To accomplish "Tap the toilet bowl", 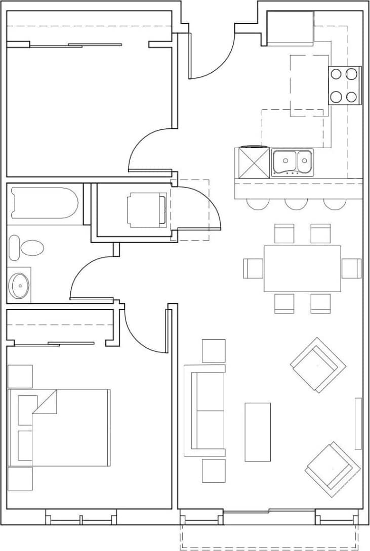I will coord(31,248).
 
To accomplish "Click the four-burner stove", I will coord(345,85).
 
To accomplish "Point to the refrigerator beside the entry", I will coord(290,28).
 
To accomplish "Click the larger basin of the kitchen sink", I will coord(284,162).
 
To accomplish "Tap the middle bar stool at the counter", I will coord(296,203).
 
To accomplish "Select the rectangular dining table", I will coord(302,268).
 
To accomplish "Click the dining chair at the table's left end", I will coord(253,268).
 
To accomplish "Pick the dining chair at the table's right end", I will coord(351,268).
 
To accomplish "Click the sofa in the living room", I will coord(204,410).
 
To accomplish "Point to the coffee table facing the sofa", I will coord(258,432).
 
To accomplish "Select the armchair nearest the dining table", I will coord(317,365).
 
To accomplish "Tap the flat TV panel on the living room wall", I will coord(358,423).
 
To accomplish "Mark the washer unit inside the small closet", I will coord(147,209).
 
